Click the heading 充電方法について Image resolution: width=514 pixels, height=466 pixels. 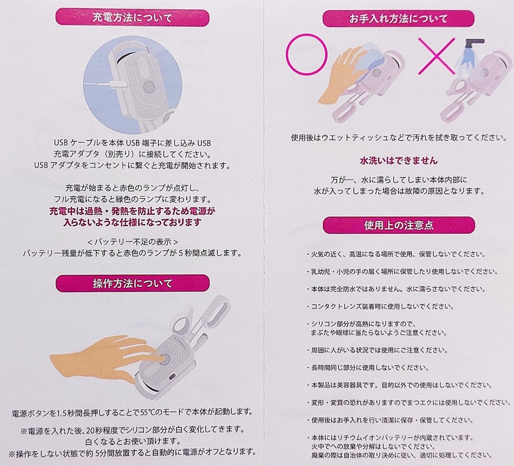point(132,18)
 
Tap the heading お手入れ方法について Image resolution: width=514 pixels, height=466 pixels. point(398,19)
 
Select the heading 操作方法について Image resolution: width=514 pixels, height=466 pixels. point(132,283)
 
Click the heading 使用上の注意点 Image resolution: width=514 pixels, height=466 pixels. point(399,225)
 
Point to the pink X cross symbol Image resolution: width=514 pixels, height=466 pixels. point(436,56)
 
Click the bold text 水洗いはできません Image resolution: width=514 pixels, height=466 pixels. point(399,161)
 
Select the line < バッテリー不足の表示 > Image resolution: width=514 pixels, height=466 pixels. point(133,242)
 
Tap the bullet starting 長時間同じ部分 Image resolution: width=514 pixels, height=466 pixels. point(368,367)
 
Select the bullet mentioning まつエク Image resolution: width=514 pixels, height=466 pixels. point(409,402)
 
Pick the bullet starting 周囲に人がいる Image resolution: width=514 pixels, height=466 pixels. point(377,350)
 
